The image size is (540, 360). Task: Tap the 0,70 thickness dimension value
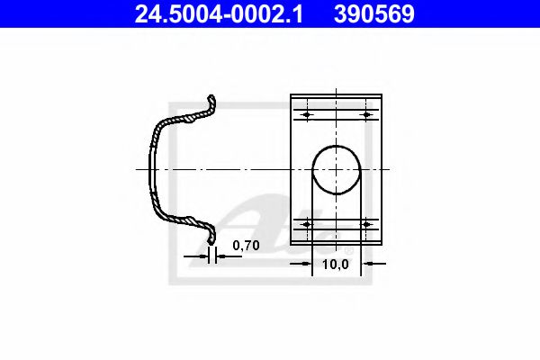[x=245, y=245]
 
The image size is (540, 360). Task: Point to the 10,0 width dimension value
[x=335, y=265]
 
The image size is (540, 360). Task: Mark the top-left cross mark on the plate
[x=306, y=115]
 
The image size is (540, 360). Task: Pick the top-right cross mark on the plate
[x=366, y=115]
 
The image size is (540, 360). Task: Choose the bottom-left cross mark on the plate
[x=306, y=223]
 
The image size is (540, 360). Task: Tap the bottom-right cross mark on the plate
[x=366, y=223]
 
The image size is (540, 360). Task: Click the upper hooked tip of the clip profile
[x=212, y=98]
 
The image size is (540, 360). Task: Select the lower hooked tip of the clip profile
[x=212, y=239]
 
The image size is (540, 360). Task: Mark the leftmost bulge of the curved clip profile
[x=151, y=168]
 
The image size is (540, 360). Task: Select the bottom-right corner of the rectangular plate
[x=382, y=244]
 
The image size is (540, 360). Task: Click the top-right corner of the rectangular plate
[x=382, y=94]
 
